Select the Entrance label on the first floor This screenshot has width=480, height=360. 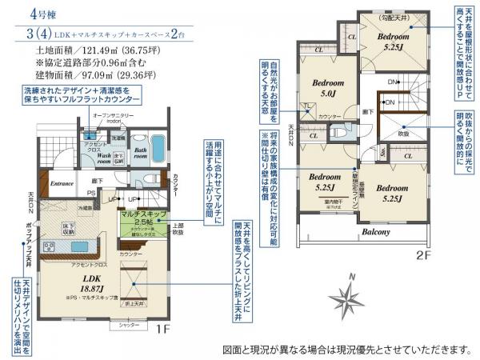(63, 183)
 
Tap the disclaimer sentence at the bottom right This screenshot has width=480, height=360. (346, 350)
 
